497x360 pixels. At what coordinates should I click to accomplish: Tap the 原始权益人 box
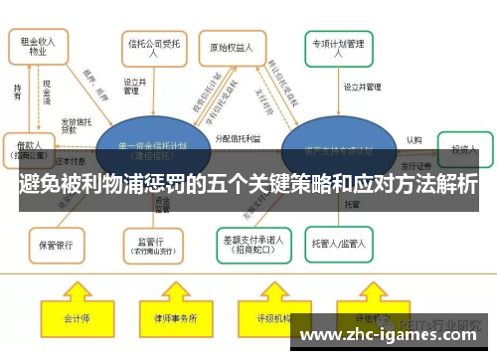pyautogui.click(x=236, y=46)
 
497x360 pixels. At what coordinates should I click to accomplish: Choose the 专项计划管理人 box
pyautogui.click(x=339, y=46)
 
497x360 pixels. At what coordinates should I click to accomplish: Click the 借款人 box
pyautogui.click(x=31, y=149)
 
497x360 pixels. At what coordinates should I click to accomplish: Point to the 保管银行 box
pyautogui.click(x=55, y=242)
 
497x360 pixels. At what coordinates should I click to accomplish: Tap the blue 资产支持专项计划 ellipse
pyautogui.click(x=339, y=148)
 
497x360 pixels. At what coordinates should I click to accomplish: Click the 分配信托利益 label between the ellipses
pyautogui.click(x=239, y=138)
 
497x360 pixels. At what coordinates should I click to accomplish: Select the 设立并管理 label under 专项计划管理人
pyautogui.click(x=363, y=87)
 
